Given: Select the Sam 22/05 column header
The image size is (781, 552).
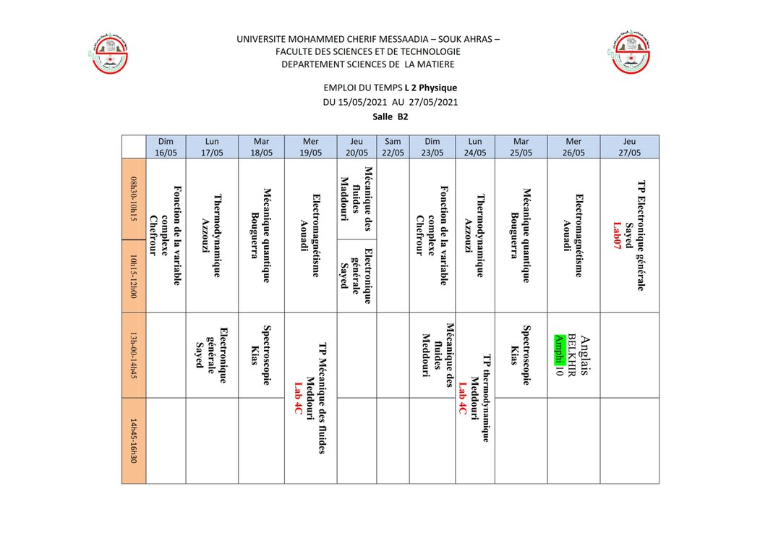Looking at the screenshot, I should (x=393, y=147).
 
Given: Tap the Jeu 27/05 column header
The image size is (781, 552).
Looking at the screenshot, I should (x=629, y=147).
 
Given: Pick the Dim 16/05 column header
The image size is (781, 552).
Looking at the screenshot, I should (x=166, y=147).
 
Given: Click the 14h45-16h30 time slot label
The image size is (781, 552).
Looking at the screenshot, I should (x=134, y=441).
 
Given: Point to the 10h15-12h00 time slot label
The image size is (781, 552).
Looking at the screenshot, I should (x=134, y=276).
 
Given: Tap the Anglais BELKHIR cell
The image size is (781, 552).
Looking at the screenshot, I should (x=573, y=355).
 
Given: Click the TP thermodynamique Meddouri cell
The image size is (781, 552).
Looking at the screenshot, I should (x=475, y=396).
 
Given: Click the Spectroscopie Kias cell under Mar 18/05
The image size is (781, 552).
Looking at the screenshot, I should (x=260, y=354).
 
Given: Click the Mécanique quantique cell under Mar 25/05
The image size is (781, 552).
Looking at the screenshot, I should (x=521, y=234).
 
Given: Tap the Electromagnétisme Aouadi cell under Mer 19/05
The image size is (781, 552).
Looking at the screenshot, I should (x=310, y=234).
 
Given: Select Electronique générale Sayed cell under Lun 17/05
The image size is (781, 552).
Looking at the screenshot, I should (x=212, y=355).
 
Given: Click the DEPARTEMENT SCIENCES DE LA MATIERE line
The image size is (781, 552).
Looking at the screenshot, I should (x=368, y=64).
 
